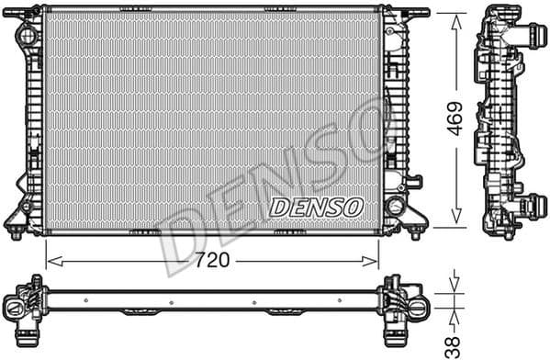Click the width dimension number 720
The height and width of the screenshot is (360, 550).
(212, 261)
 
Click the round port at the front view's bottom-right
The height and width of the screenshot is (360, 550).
(396, 205)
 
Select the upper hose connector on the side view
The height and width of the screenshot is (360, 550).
(529, 37)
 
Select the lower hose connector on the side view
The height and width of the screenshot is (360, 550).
(531, 205)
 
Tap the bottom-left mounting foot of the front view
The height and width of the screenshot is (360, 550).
(16, 231)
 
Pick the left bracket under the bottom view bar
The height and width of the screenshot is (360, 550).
(137, 312)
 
